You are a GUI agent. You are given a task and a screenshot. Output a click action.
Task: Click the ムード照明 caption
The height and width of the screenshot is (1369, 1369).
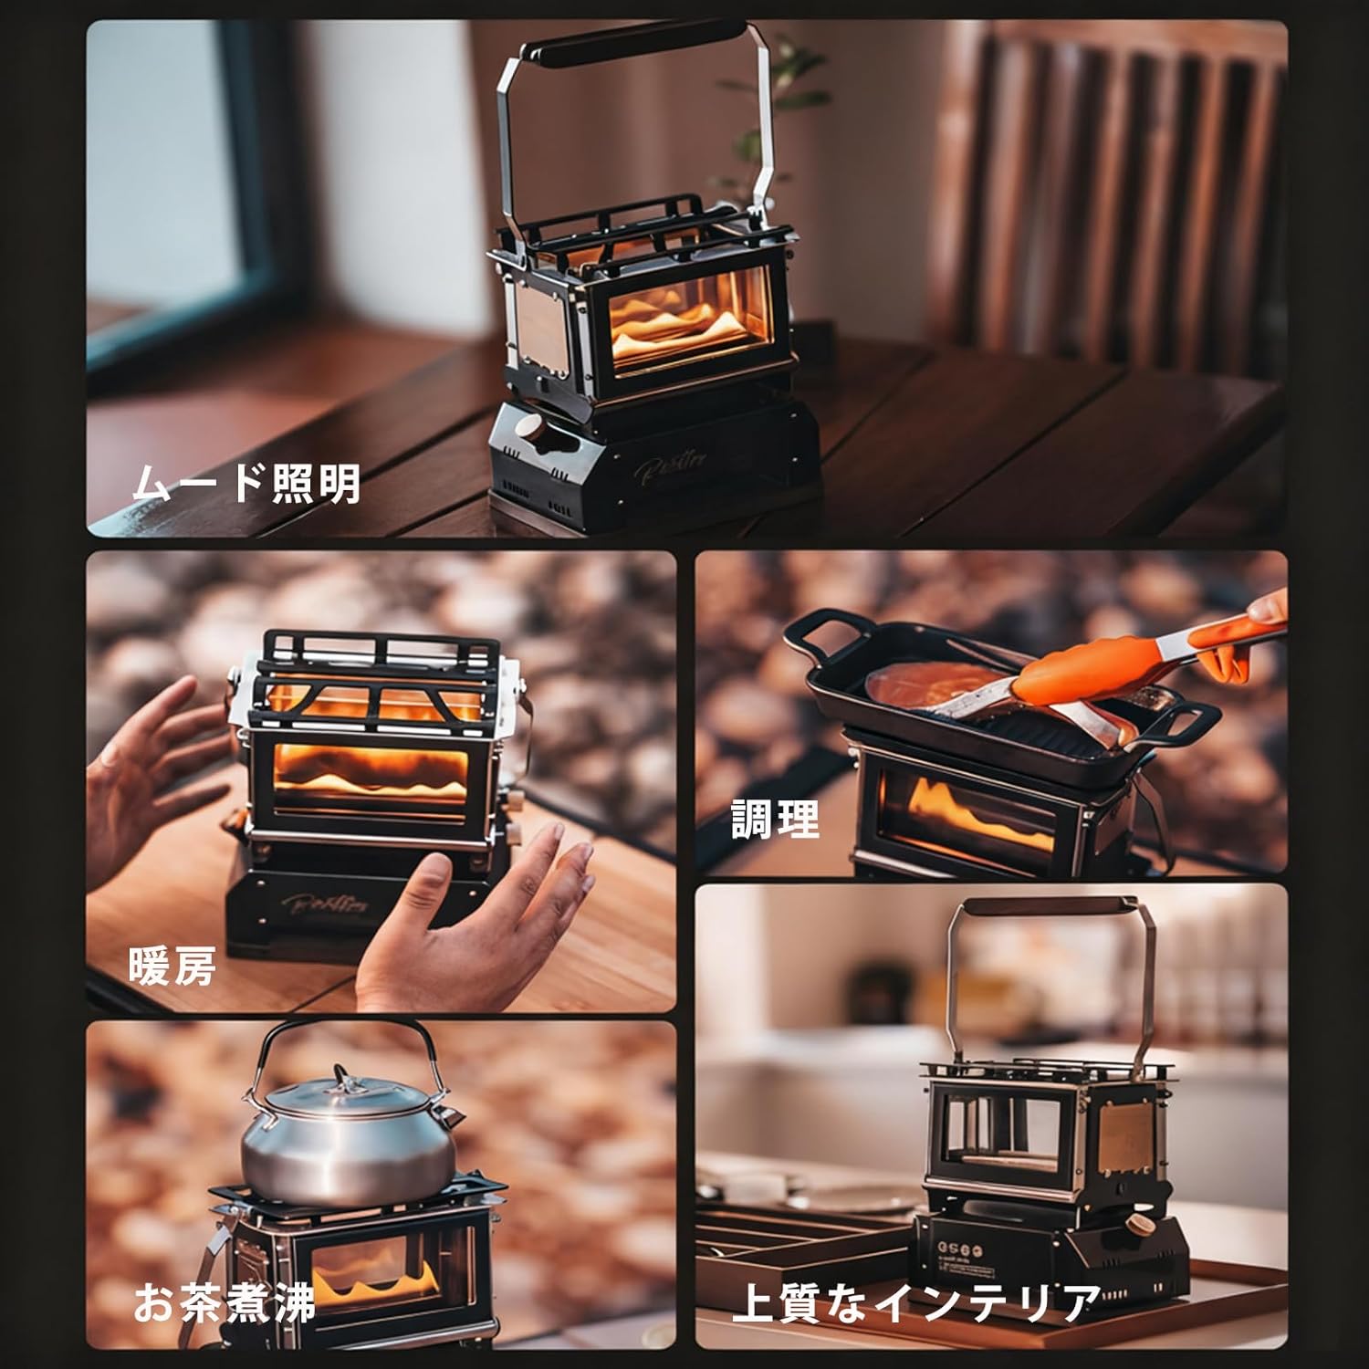pyautogui.click(x=246, y=484)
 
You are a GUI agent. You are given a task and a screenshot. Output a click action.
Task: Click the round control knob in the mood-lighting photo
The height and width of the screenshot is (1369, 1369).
pyautogui.click(x=528, y=427)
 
